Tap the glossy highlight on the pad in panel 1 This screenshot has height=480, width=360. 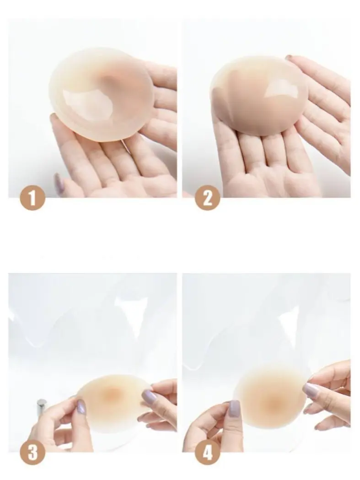[80, 102]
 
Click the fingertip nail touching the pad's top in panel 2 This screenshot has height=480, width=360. [289, 57]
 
